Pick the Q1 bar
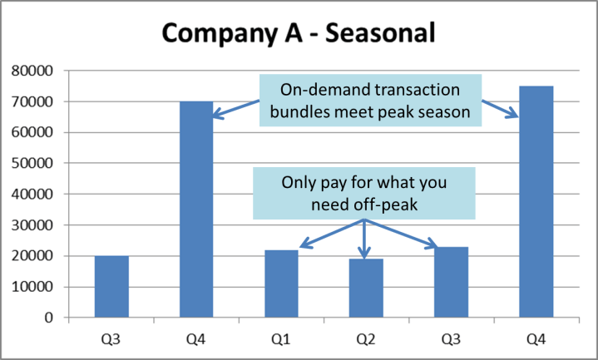(281, 284)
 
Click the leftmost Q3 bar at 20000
(111, 287)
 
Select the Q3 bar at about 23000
(451, 282)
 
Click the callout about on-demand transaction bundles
(370, 101)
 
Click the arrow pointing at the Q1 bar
(329, 234)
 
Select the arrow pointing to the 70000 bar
(236, 109)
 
